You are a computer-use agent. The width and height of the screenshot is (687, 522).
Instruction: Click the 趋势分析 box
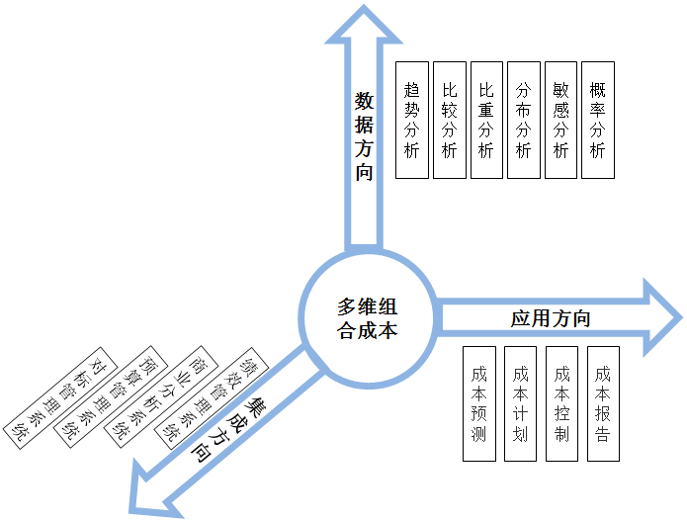[412, 120]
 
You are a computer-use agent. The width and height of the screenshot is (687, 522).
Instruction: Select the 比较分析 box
[450, 120]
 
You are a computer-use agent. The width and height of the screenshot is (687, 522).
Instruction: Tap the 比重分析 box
[486, 120]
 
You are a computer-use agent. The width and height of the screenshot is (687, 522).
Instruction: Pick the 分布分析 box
[524, 120]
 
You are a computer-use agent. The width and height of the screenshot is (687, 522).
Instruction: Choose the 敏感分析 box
[561, 120]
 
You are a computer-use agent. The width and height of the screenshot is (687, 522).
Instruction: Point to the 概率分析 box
[598, 120]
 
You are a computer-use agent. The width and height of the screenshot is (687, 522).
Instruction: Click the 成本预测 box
[479, 403]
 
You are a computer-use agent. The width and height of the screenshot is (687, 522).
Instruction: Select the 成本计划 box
[521, 403]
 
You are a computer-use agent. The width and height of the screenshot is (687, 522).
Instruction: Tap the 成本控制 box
[561, 403]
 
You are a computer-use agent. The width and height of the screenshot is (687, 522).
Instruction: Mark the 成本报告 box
[603, 403]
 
